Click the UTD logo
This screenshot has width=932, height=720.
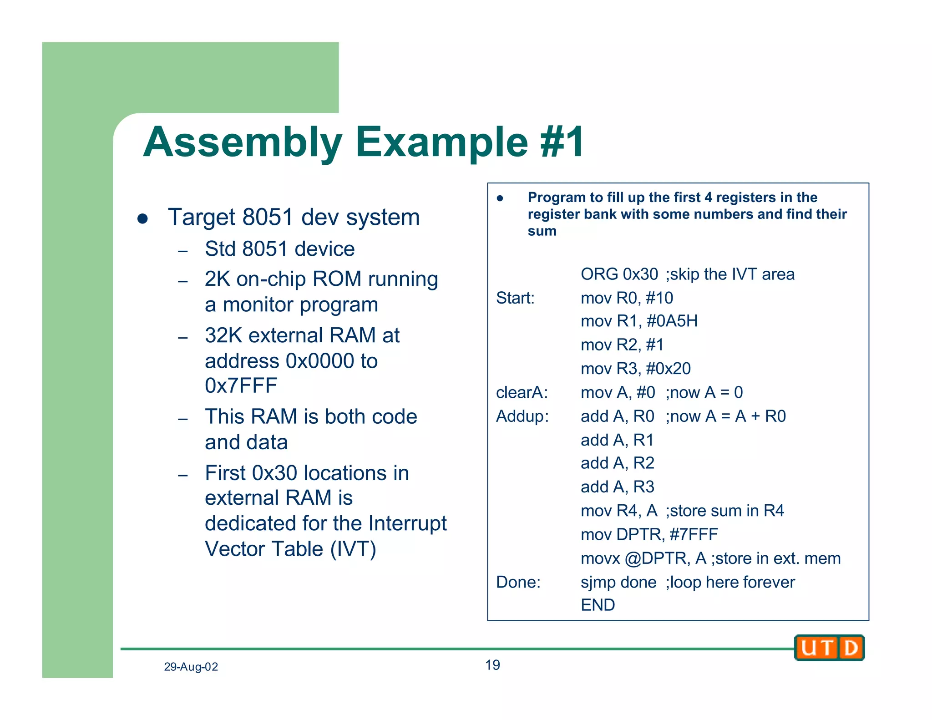829,647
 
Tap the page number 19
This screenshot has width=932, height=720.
492,665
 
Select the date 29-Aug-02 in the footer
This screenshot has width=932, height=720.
191,667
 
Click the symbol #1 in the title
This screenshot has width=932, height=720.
562,142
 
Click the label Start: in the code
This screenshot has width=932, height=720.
515,298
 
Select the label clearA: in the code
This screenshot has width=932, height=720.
522,392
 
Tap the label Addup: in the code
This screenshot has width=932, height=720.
522,416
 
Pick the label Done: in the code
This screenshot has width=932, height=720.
518,582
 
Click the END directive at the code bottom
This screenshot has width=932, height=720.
598,605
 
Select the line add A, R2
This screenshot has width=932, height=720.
617,463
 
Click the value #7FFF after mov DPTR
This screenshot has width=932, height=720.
694,534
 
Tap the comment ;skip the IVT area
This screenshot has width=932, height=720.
730,274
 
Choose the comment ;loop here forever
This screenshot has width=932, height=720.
730,582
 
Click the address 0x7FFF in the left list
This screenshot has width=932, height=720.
241,386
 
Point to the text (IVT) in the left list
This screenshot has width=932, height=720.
353,549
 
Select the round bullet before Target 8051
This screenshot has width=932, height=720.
143,218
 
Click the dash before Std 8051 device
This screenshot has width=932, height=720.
183,251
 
